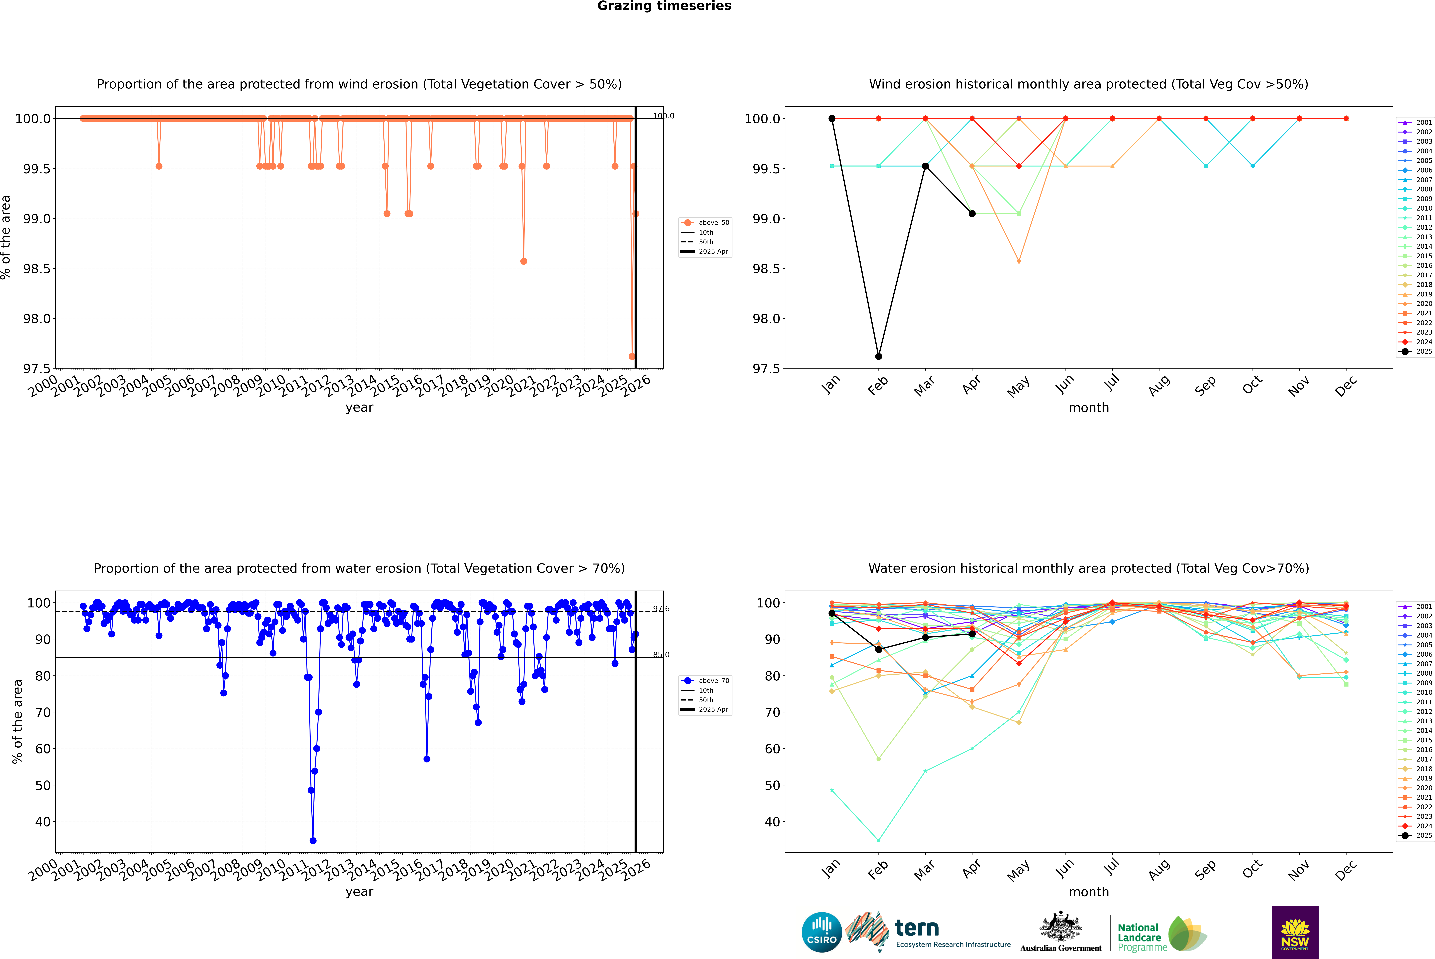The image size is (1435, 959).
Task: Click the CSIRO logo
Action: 822,932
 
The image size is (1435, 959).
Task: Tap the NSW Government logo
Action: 1295,932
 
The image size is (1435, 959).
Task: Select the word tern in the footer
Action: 916,928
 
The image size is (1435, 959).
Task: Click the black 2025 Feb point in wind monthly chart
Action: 878,357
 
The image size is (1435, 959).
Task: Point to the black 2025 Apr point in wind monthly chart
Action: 972,213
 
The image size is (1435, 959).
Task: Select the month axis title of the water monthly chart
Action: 1088,892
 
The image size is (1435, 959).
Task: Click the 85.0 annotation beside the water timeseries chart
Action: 661,654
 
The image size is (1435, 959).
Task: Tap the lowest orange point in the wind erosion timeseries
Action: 632,357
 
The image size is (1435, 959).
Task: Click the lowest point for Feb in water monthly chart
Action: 878,840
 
